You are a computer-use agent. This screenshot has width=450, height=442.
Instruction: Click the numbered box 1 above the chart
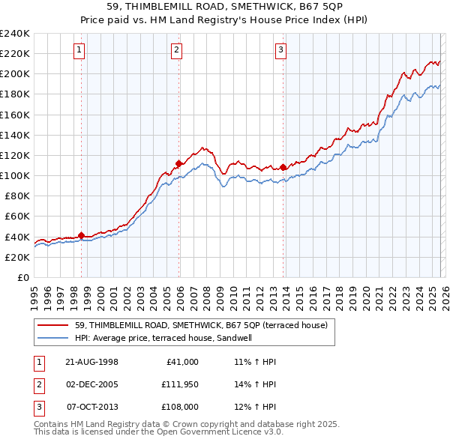click(79, 50)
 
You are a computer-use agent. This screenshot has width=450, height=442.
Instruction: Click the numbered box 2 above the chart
click(176, 50)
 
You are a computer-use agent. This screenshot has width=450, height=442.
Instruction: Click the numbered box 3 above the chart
click(280, 50)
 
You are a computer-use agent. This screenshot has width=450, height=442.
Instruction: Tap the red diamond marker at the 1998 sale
click(81, 235)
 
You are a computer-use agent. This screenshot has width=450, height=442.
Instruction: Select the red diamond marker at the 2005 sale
click(178, 163)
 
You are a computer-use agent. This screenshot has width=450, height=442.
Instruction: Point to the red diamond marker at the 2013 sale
click(283, 167)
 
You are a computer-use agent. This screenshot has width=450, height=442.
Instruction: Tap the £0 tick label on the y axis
click(22, 277)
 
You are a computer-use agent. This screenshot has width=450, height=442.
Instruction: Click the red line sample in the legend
click(54, 325)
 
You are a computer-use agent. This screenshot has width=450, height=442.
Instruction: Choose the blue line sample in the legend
click(54, 338)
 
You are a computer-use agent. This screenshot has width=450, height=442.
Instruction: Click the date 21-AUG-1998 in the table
click(92, 362)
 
